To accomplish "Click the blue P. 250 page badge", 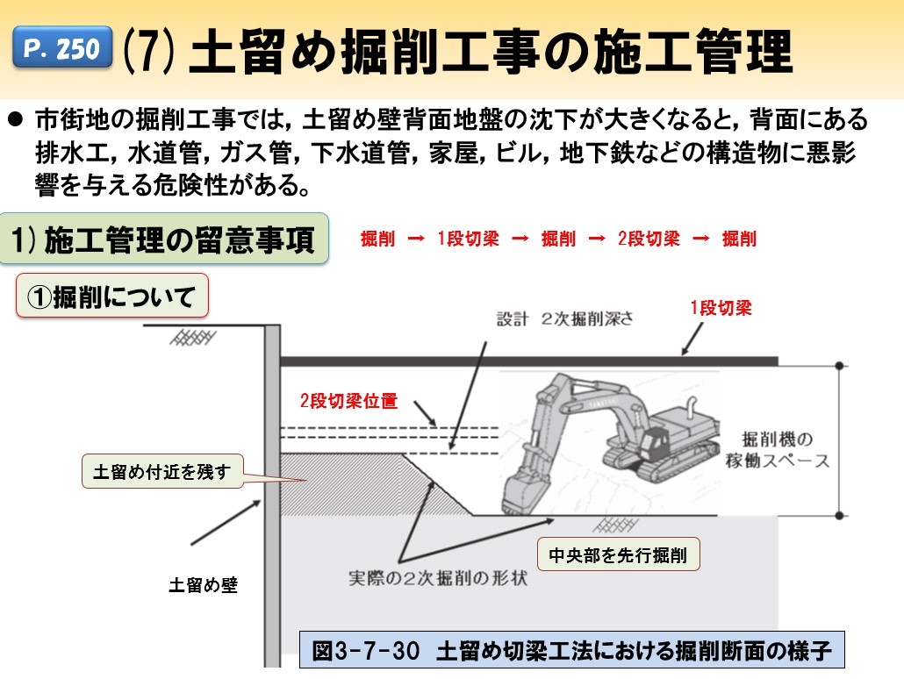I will point(62,49).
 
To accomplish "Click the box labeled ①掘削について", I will point(112,297).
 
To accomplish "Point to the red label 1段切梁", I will point(720,308).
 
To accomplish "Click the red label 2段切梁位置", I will point(348,402).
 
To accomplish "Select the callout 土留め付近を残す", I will point(161,472).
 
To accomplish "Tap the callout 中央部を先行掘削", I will point(618,554).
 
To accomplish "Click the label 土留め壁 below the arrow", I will point(203,585).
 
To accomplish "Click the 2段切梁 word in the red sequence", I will point(649,239).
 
